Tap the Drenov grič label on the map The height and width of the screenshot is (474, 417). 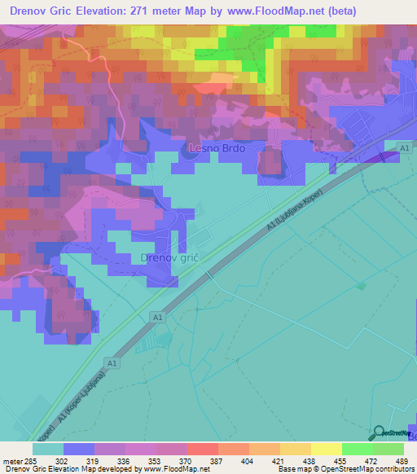point(171,257)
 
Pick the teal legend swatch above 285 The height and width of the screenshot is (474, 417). point(48,448)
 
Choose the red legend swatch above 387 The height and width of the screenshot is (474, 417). point(203,448)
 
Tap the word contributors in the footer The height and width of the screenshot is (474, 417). point(394,470)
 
